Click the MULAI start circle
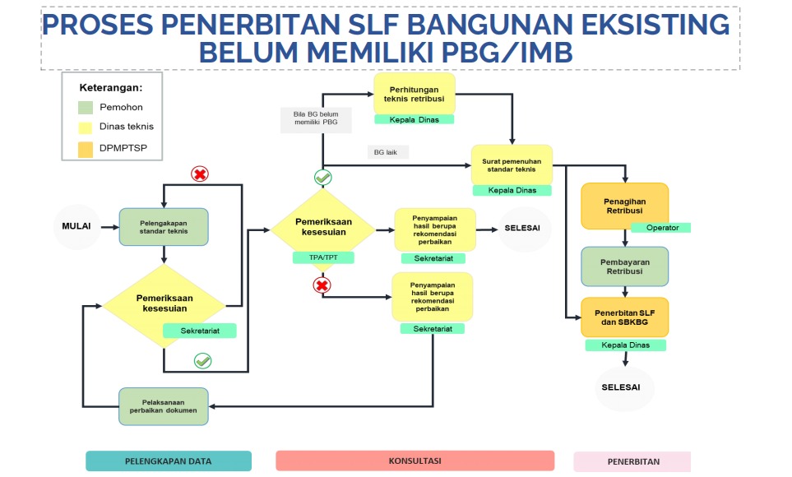click(76, 226)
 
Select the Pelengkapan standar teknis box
click(164, 227)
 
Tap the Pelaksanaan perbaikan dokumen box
click(164, 406)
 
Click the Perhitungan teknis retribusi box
click(415, 94)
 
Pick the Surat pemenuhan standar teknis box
click(512, 165)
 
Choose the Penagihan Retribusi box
click(625, 206)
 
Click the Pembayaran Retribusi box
click(625, 266)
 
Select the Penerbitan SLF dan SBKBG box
click(625, 317)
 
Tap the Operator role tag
click(662, 228)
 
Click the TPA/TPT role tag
click(323, 257)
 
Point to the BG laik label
click(386, 152)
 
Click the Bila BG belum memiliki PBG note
click(316, 118)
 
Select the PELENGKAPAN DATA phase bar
click(169, 461)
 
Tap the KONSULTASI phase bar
click(415, 461)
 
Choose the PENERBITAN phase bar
click(632, 461)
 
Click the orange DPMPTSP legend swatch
click(86, 150)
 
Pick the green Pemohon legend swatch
click(86, 107)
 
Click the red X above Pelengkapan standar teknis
click(200, 174)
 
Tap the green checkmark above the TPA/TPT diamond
click(322, 178)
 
